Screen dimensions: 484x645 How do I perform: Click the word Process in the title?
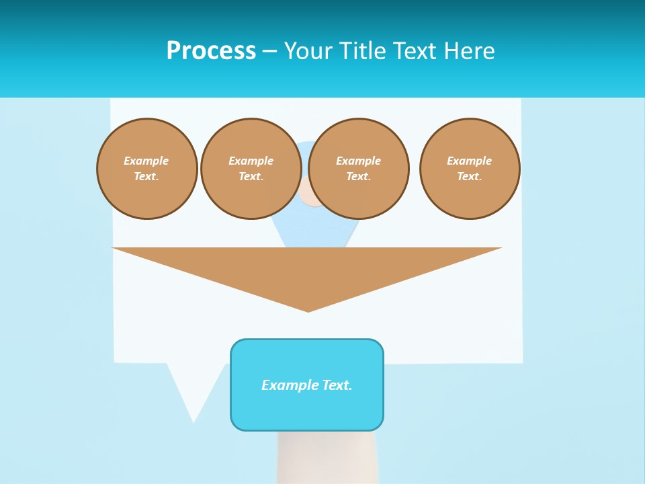pyautogui.click(x=211, y=51)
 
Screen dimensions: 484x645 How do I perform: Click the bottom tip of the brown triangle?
pyautogui.click(x=308, y=309)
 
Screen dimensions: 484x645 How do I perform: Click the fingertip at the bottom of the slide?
pyautogui.click(x=327, y=457)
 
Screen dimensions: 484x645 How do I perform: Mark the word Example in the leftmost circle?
pyautogui.click(x=146, y=161)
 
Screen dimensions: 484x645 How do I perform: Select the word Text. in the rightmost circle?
pyautogui.click(x=470, y=176)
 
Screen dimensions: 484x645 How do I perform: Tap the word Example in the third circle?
pyautogui.click(x=359, y=161)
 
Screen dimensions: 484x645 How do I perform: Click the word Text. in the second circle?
pyautogui.click(x=251, y=176)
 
